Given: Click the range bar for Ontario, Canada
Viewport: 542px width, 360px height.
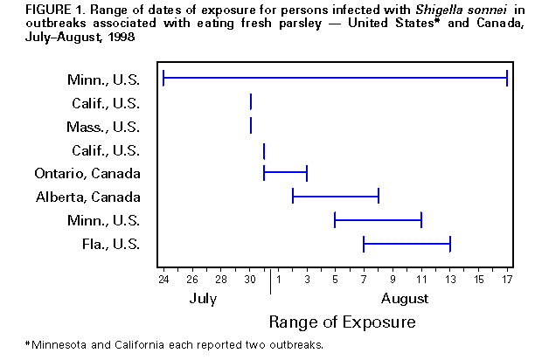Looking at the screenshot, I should coord(285,173).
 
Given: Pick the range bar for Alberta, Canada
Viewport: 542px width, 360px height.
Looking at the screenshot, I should coord(335,197).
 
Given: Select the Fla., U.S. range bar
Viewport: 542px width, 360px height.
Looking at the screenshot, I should coord(406,243).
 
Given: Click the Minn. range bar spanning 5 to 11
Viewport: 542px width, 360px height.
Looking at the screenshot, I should coord(378,219).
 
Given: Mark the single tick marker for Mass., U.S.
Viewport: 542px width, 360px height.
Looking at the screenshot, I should coord(251,127).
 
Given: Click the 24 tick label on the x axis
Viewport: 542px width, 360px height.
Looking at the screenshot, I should coord(163,280).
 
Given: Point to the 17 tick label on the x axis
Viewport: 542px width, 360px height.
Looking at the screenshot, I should coord(507,280).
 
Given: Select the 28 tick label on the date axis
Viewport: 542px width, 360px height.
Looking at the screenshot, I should coord(221,280).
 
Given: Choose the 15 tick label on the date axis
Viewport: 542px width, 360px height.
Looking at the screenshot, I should coord(479,280).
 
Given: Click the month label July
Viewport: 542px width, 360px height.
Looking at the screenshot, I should coord(204,298).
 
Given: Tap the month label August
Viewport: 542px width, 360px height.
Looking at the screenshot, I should coord(406,298).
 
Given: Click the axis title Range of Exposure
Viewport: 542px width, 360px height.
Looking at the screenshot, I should coord(342,322).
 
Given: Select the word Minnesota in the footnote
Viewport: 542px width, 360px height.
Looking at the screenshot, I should coord(63,344).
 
